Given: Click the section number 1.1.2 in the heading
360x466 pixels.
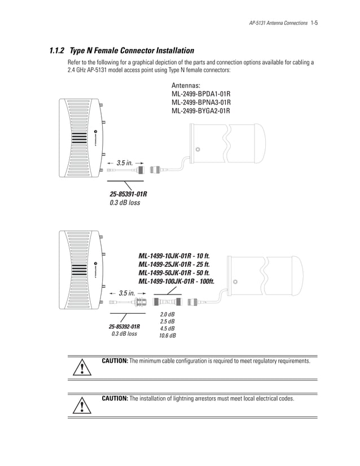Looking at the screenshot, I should point(58,50).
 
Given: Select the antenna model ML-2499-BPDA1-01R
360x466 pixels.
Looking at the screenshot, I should point(201,94).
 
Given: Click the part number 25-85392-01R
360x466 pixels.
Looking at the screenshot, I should point(124,326).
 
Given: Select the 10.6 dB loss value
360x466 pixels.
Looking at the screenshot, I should point(168,336).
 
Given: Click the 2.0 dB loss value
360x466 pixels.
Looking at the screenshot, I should point(168,314).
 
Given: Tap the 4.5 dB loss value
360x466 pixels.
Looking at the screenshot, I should point(168,328).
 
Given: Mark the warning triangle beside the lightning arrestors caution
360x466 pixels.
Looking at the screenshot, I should point(83,406).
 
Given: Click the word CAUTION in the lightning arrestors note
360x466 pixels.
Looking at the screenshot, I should point(115,398).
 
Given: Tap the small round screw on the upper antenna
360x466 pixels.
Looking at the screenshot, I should point(197,150).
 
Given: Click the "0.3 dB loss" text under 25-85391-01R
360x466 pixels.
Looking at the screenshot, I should point(125,203).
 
